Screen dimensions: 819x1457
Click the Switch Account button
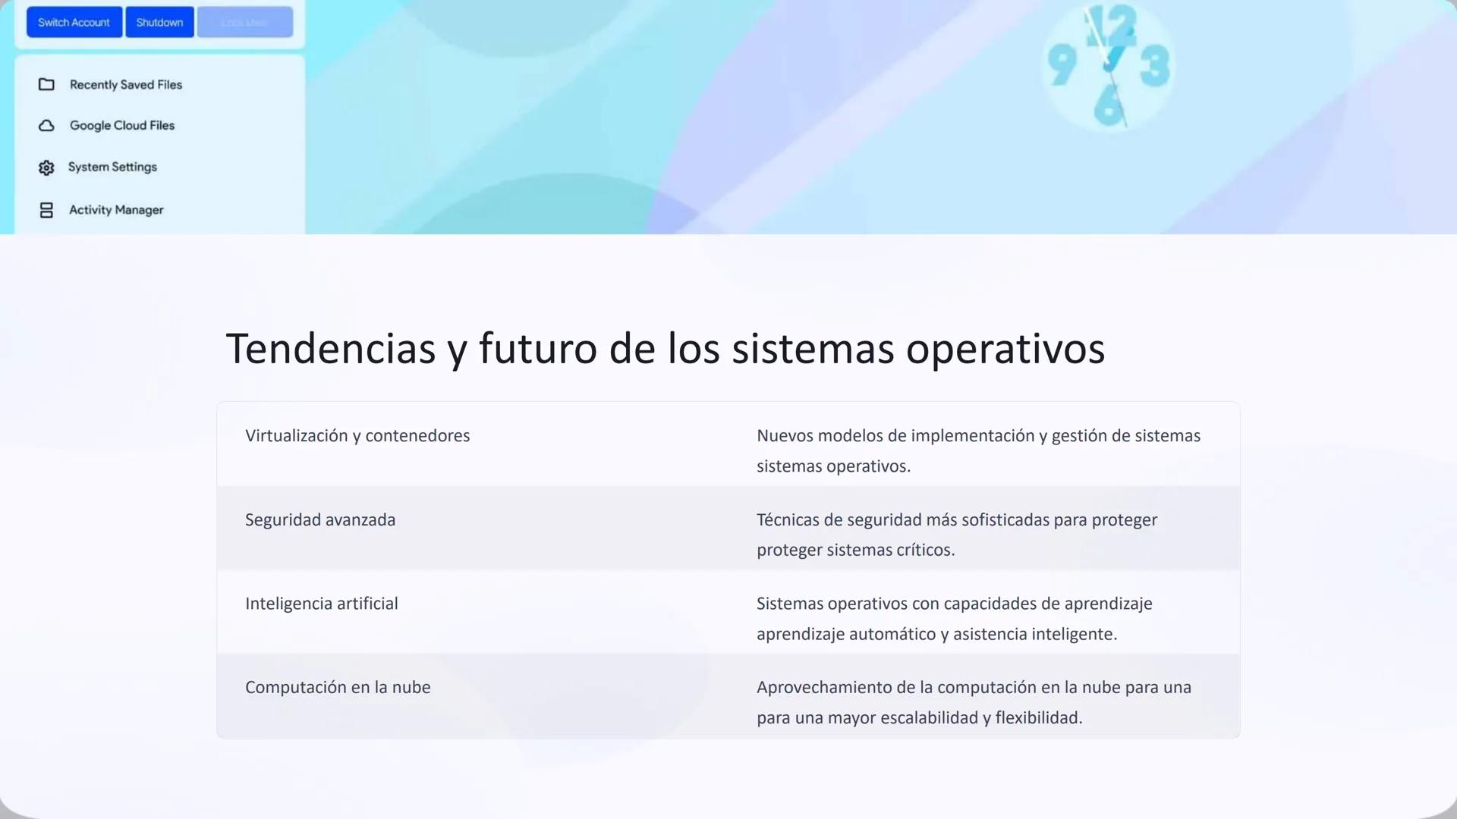(x=74, y=23)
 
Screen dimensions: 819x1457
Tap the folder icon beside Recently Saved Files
(x=46, y=85)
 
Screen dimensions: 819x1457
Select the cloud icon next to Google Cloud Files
(x=46, y=126)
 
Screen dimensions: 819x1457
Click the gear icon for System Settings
(x=46, y=168)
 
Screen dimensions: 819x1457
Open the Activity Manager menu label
(x=116, y=210)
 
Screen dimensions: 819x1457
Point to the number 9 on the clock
(x=1062, y=65)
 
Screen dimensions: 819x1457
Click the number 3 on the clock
(x=1154, y=67)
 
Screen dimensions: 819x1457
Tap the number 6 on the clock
(x=1108, y=105)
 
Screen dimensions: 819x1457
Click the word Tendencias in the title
(x=330, y=349)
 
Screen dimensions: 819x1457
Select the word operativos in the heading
(x=1005, y=349)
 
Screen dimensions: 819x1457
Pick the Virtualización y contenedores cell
(x=357, y=436)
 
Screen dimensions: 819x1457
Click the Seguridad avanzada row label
(x=320, y=520)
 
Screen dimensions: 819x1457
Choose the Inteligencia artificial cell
(x=321, y=604)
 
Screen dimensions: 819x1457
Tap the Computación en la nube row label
(x=338, y=688)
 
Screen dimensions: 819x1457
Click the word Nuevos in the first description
(x=785, y=436)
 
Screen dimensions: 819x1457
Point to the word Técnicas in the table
(x=788, y=520)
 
